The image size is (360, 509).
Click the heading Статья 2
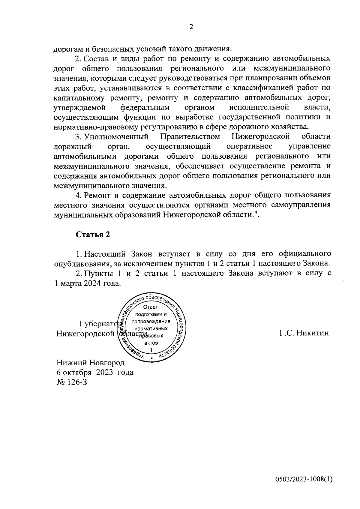93,235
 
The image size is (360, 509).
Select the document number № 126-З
72,382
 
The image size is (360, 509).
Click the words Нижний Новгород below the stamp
91,363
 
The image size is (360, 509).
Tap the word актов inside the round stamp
151,343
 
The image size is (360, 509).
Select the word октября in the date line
77,373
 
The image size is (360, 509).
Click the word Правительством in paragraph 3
190,137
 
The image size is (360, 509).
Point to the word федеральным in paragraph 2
145,107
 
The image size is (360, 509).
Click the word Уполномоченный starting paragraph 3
116,137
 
